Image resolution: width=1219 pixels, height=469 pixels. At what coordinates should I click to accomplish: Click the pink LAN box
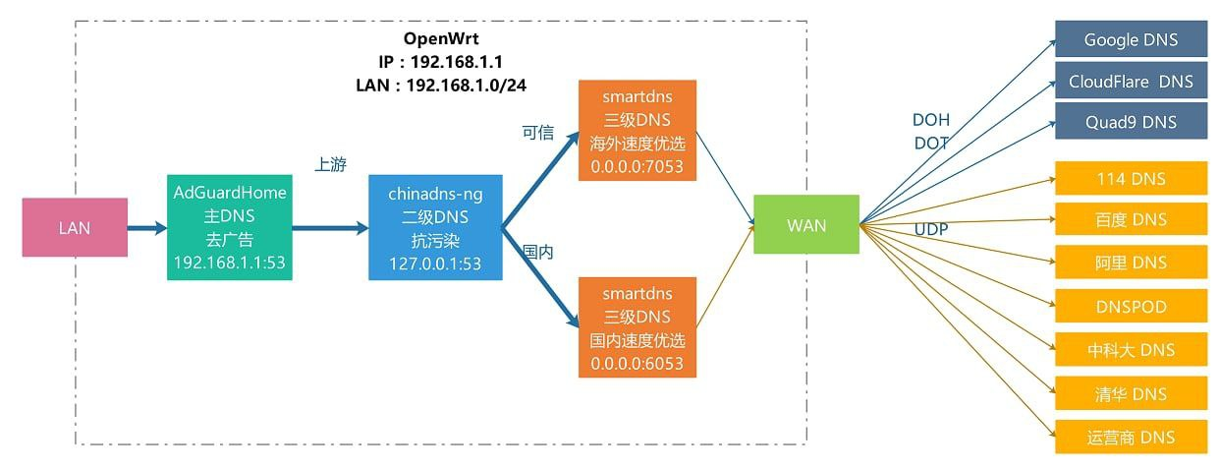click(x=75, y=228)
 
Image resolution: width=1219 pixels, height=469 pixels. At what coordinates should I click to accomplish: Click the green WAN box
click(x=805, y=225)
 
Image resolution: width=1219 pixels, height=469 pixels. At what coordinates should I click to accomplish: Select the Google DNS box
click(x=1131, y=40)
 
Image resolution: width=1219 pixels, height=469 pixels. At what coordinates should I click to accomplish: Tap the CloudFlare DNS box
click(x=1131, y=82)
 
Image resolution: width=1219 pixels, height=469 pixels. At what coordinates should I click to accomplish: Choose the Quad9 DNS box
click(x=1131, y=123)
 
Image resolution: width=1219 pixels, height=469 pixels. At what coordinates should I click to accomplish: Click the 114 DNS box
click(x=1131, y=179)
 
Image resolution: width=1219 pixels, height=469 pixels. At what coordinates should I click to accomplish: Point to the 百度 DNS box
click(x=1131, y=219)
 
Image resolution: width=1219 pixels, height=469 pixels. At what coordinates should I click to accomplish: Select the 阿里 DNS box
click(x=1131, y=263)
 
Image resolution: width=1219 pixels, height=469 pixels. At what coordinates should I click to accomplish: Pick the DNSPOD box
click(x=1131, y=307)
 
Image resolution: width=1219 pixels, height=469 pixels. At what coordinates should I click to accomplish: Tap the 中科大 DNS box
click(x=1131, y=350)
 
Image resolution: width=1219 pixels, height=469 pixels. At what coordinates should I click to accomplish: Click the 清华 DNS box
click(x=1131, y=394)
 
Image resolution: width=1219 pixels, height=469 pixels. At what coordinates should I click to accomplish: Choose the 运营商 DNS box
click(x=1131, y=438)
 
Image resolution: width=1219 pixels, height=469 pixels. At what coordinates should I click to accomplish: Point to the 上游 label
click(x=330, y=165)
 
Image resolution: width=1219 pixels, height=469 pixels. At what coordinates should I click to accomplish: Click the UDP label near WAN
click(x=931, y=228)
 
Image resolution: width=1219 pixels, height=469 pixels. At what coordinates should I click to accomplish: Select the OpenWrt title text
click(x=441, y=39)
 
